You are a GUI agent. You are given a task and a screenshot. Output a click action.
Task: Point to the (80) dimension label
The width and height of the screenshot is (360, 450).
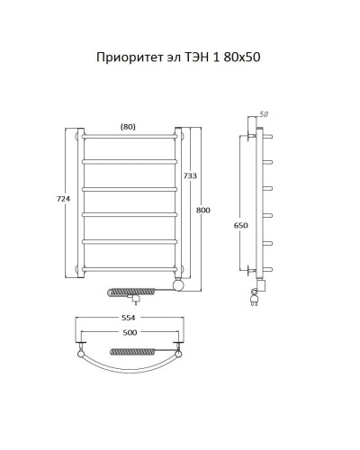(x=129, y=127)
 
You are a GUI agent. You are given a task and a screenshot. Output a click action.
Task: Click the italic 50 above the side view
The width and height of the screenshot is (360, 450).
(x=264, y=114)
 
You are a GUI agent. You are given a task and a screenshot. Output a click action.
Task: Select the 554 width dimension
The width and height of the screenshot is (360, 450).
(x=129, y=321)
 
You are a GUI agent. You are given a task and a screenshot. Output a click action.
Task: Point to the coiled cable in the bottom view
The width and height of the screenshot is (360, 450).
(x=130, y=348)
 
